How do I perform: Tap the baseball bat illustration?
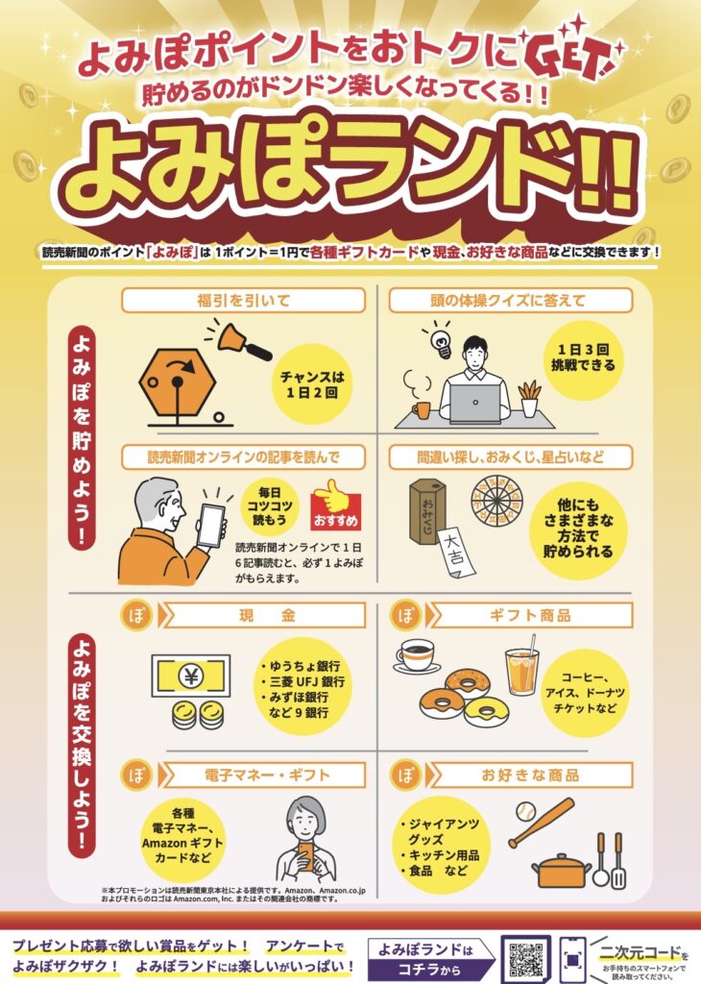click(541, 823)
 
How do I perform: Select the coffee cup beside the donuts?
click(416, 656)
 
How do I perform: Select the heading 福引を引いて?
click(243, 301)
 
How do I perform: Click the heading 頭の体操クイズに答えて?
click(511, 301)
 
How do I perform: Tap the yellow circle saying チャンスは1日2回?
click(312, 384)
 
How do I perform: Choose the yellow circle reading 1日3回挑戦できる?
click(583, 357)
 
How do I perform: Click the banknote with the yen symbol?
click(190, 676)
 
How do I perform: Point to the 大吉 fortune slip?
click(456, 553)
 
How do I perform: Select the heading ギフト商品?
click(530, 615)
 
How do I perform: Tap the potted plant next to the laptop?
click(530, 399)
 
